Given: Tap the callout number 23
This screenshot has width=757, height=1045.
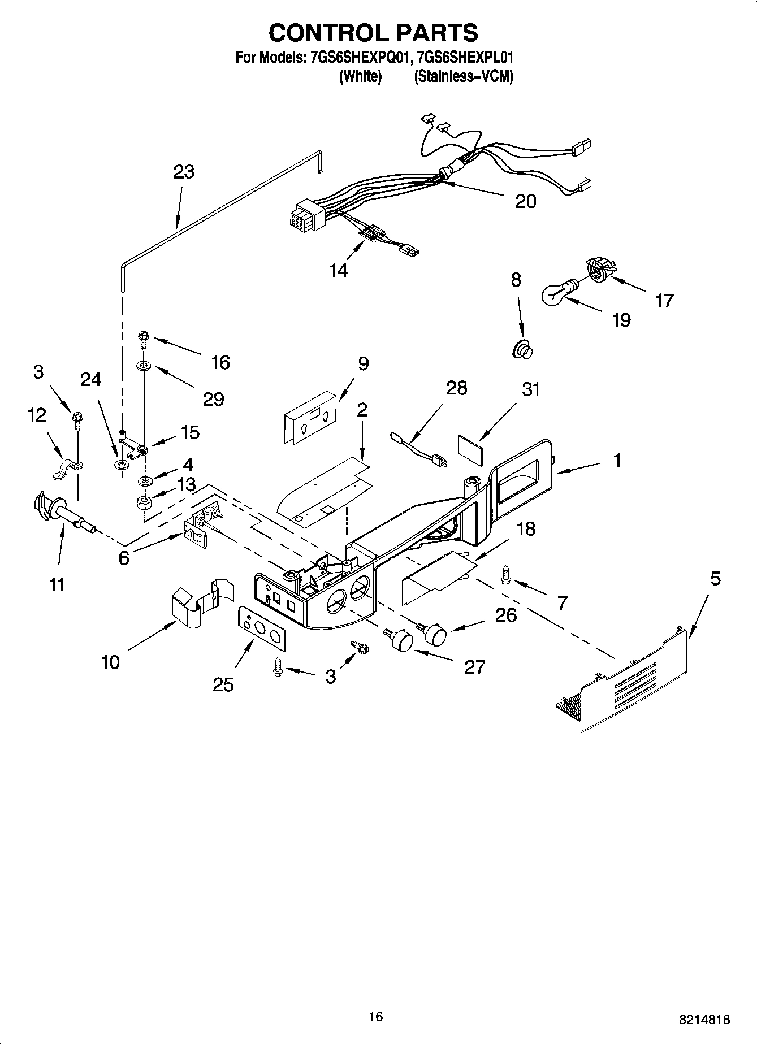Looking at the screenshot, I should point(184,171).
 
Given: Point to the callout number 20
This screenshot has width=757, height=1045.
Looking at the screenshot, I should point(525,201).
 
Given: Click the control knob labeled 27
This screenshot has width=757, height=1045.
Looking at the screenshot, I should point(400,639).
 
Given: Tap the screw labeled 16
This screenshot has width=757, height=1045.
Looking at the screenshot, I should point(142,340).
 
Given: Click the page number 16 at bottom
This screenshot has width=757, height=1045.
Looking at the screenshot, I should point(375,1017).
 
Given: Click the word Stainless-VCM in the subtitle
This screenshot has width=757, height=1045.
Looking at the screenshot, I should point(464,76).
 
